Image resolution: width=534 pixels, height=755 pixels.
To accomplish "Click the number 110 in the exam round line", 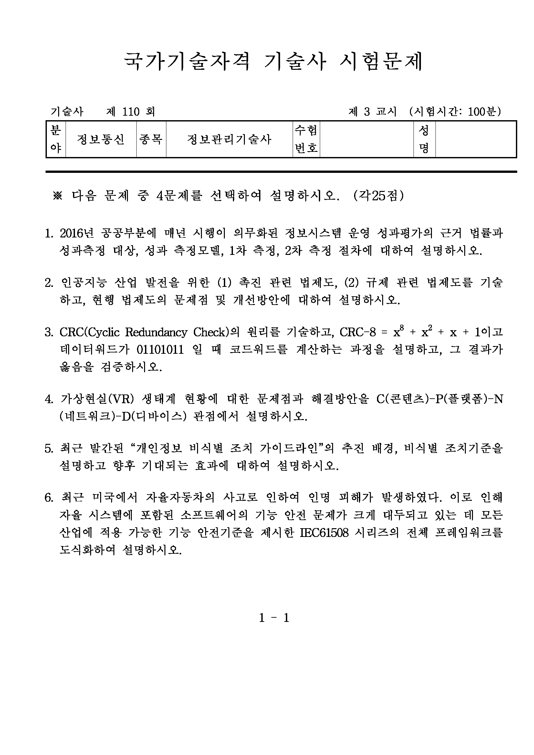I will coord(131,112).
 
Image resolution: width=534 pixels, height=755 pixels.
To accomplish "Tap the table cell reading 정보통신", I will coord(100,140).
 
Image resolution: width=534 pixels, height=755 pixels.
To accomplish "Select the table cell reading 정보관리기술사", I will coord(229,140).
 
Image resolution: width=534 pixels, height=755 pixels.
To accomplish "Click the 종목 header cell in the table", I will coord(151,140).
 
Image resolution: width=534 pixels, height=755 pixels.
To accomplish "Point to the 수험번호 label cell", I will coord(306,140).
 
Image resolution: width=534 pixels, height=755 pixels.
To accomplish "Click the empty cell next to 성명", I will coord(476,140).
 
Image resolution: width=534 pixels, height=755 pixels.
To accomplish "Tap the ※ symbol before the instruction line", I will coord(58,196).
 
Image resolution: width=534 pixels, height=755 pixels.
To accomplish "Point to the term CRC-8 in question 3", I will coord(357,332).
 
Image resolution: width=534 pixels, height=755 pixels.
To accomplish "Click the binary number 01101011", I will coord(160,349).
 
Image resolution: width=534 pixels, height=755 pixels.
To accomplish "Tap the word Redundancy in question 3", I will coord(156,332).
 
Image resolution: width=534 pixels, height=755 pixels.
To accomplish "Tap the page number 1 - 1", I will coord(274,618).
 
